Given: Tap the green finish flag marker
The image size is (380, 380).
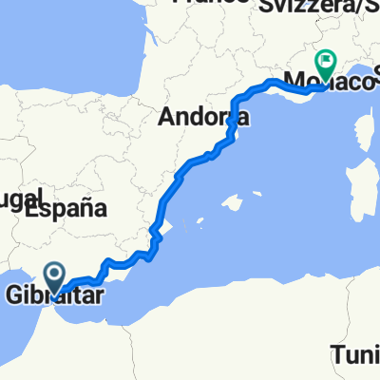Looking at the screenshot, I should [325, 64].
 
